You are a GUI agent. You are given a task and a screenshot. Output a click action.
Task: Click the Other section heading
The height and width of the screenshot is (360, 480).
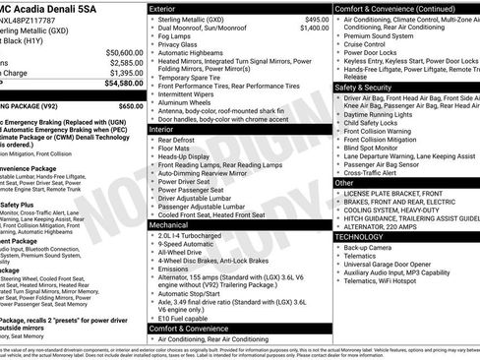(344, 182)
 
